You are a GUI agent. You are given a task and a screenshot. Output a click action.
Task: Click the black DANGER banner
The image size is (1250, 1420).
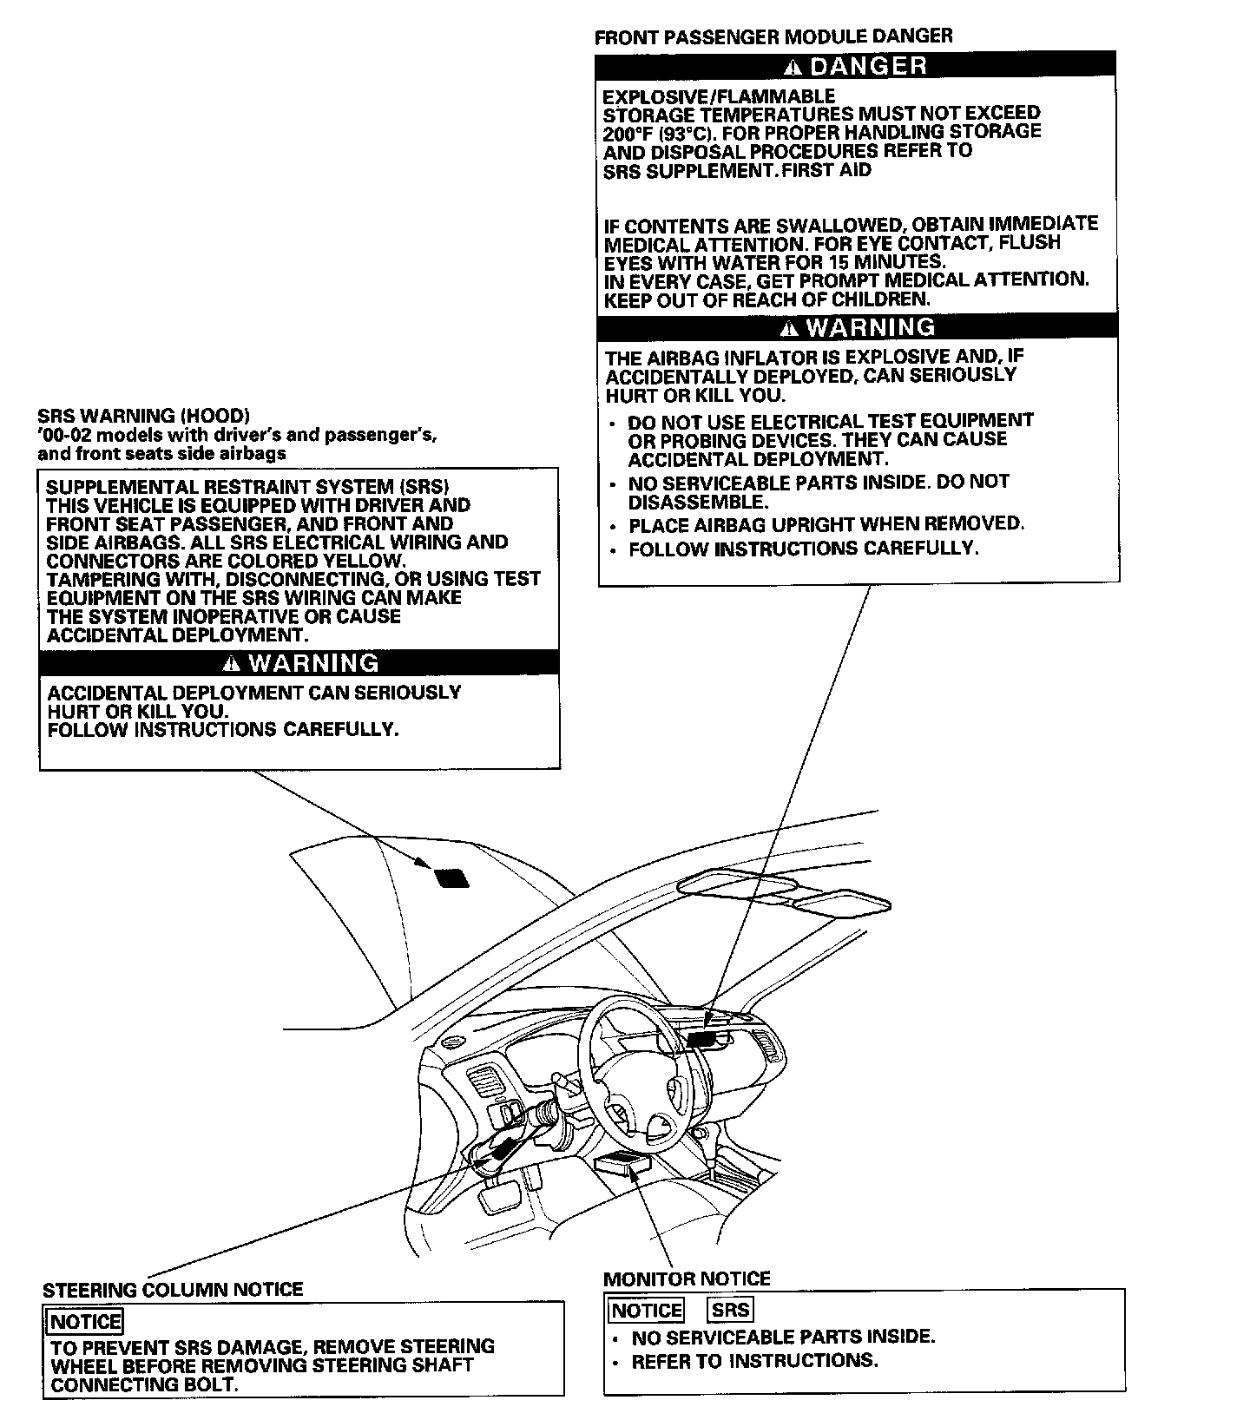click(x=855, y=65)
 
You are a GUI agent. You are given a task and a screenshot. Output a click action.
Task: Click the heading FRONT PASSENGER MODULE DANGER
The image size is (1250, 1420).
click(x=773, y=36)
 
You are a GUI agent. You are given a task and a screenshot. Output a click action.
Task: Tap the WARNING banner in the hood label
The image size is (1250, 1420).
click(x=299, y=663)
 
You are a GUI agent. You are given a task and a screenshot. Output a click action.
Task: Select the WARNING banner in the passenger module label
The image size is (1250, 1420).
click(x=857, y=327)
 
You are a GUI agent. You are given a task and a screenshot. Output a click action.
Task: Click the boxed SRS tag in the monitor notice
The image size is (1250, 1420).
click(x=731, y=1309)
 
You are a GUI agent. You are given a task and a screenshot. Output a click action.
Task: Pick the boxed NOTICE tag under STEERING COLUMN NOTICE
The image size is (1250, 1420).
click(x=85, y=1322)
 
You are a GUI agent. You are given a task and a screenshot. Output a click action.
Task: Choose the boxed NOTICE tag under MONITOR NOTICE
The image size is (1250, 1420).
click(x=647, y=1310)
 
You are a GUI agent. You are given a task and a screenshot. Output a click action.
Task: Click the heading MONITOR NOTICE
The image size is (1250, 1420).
click(x=686, y=1279)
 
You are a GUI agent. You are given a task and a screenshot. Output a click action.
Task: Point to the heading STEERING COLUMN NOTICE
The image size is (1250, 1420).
click(x=173, y=1289)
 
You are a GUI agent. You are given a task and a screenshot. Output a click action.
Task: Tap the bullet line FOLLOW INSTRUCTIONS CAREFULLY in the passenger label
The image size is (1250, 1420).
click(x=803, y=549)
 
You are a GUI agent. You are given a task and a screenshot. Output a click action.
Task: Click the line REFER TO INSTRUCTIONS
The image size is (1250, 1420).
click(x=754, y=1360)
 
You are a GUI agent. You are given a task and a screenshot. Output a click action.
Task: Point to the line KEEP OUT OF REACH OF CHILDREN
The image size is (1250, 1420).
click(x=766, y=299)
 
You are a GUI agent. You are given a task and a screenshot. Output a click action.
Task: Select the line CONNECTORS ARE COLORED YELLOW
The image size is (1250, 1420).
click(x=226, y=561)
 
